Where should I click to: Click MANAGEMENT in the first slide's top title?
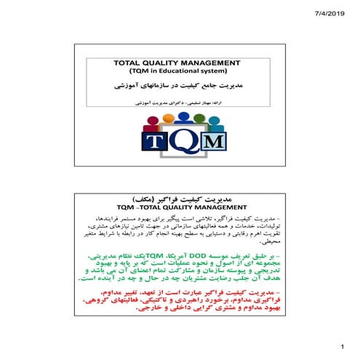pos(220,63)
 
